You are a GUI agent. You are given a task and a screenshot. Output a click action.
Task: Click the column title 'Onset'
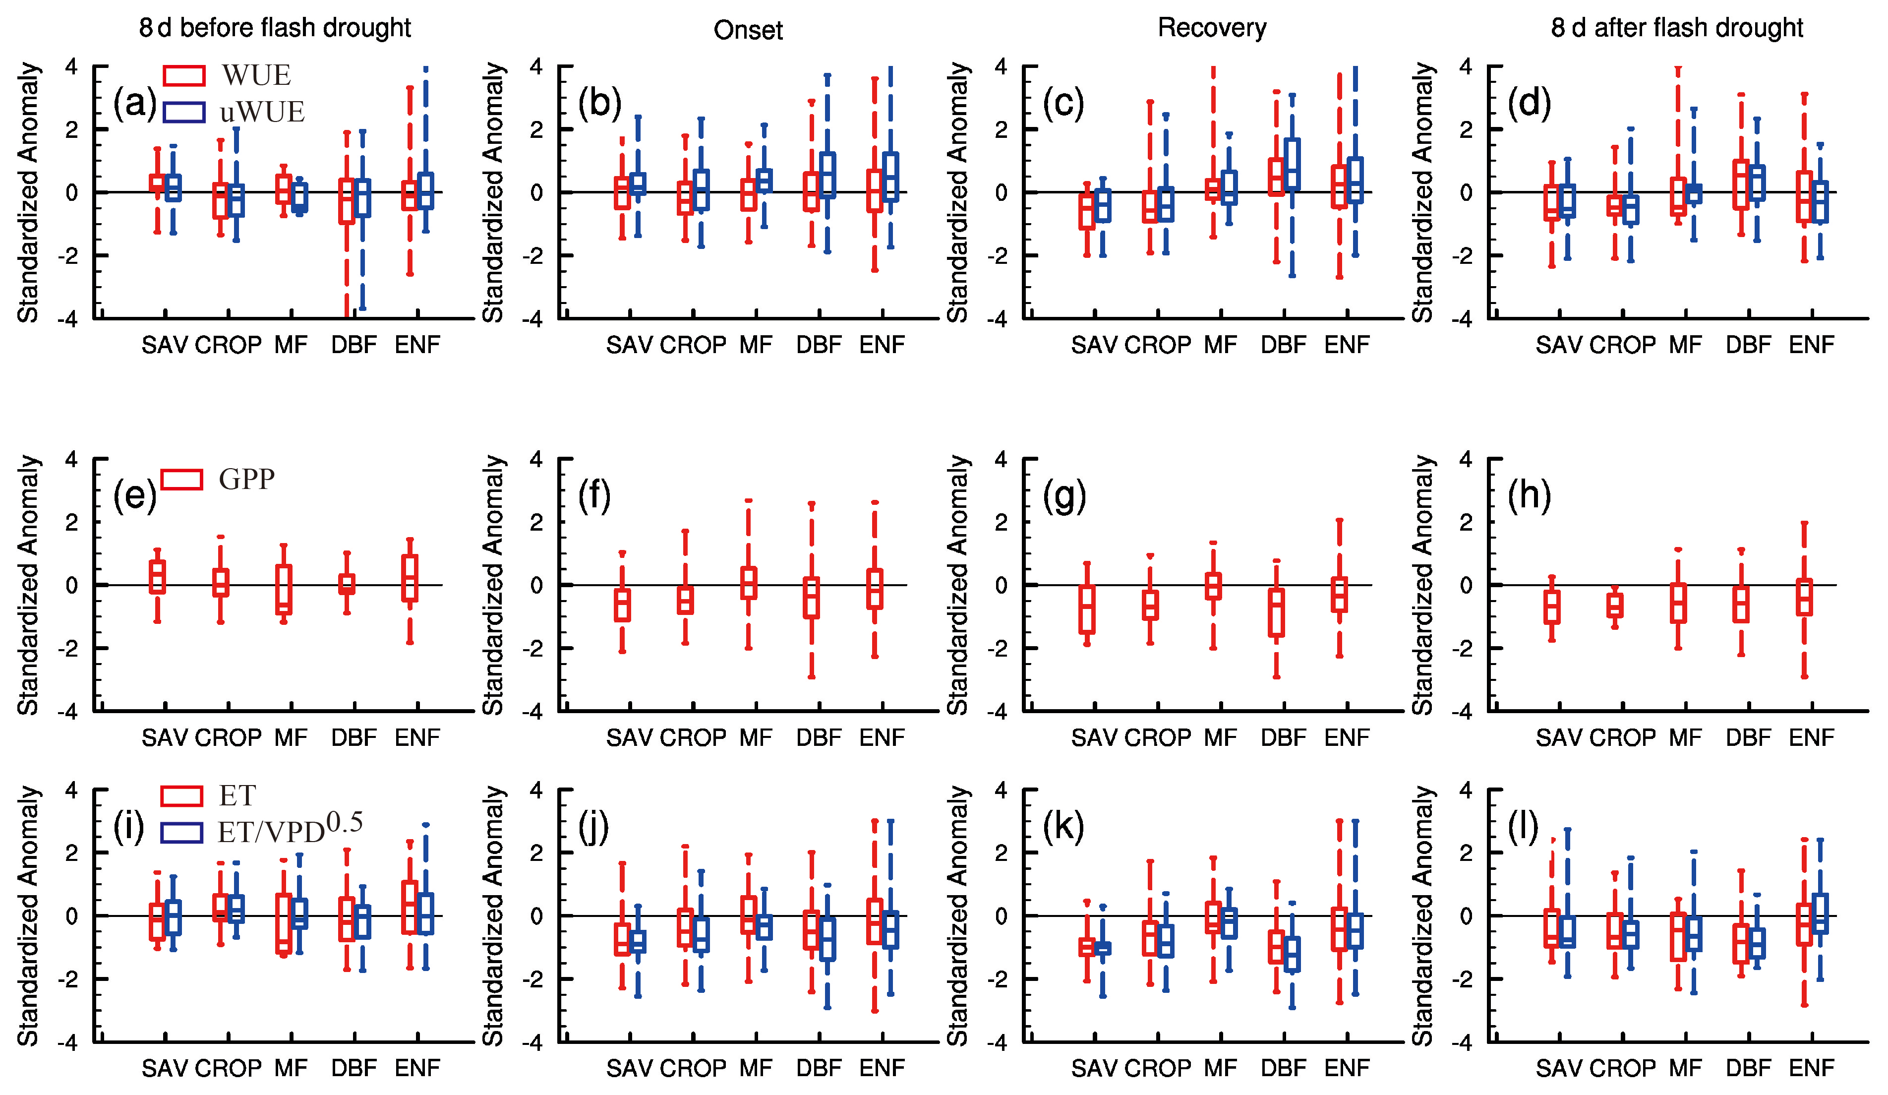click(748, 30)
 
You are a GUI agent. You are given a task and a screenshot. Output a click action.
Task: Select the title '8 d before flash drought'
click(275, 28)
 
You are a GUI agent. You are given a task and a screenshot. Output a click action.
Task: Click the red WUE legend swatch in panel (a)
click(183, 76)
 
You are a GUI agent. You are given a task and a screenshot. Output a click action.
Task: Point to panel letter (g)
click(1064, 495)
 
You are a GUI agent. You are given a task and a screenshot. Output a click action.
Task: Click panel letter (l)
click(1523, 827)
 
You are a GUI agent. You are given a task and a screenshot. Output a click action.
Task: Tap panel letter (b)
click(599, 103)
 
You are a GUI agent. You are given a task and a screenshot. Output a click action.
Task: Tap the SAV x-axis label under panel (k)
click(1094, 1068)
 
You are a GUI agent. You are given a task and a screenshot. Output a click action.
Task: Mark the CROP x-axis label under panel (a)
click(229, 345)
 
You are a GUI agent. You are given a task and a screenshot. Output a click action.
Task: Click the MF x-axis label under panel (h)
click(1685, 737)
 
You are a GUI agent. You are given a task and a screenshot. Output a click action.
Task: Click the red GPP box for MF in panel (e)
click(284, 590)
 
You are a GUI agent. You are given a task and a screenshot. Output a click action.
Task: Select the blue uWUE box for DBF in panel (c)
click(1292, 163)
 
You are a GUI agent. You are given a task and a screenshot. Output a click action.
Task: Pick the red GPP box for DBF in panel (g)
click(1276, 613)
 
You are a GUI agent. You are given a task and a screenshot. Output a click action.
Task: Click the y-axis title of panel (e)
click(28, 585)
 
